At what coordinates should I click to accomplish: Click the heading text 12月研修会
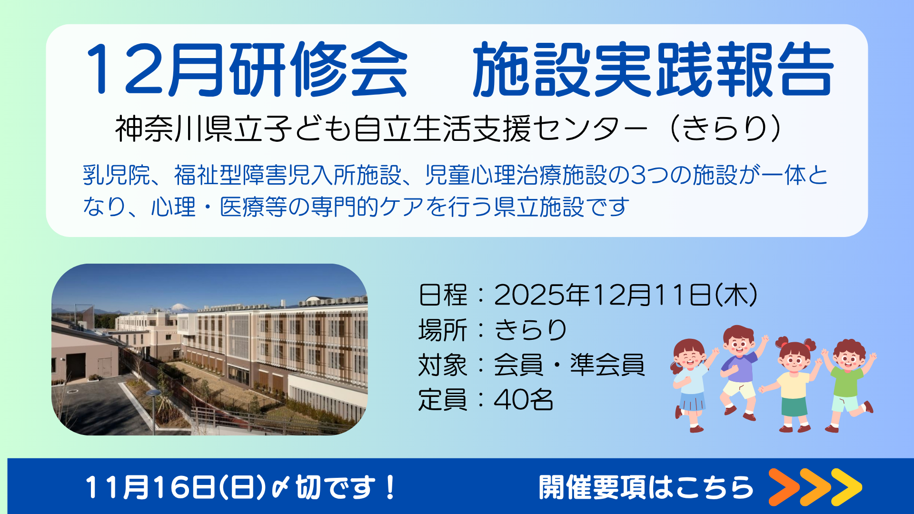247,69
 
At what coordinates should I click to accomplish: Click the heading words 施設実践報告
653,69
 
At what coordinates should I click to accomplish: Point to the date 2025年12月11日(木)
626,295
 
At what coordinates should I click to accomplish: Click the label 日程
443,295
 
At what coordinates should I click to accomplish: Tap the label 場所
443,330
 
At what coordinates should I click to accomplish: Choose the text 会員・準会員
569,365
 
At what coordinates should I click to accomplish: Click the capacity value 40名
524,400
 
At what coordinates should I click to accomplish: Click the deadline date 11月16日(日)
175,487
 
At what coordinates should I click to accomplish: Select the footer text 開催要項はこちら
646,487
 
